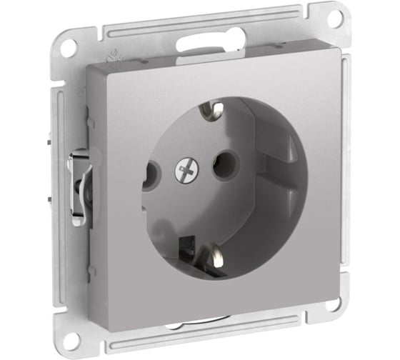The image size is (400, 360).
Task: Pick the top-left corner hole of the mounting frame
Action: (69, 49)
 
